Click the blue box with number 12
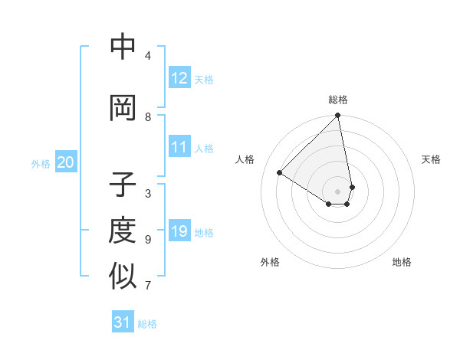tap(179, 78)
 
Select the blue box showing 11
tap(179, 147)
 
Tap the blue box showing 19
tap(179, 231)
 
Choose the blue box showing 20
tap(66, 162)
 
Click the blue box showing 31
tap(123, 322)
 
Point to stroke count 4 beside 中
tap(148, 55)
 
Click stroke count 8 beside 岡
tap(148, 116)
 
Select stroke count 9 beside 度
tap(148, 239)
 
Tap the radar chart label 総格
tap(338, 100)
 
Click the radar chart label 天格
tap(432, 159)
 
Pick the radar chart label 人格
tap(245, 159)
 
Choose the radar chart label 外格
tap(270, 262)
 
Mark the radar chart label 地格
tap(402, 262)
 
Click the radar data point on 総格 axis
tap(337, 116)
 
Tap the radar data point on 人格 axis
tap(280, 173)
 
